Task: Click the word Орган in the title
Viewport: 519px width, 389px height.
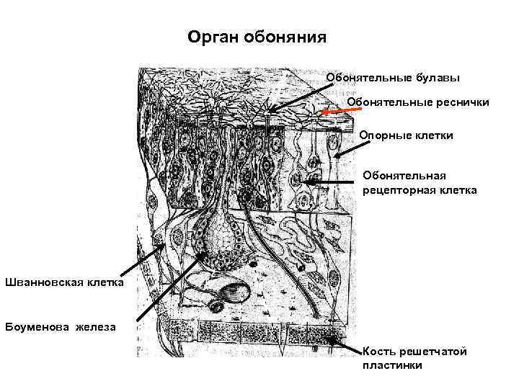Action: point(210,36)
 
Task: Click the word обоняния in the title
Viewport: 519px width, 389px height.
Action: point(283,36)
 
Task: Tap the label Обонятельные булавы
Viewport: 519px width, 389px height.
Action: point(393,77)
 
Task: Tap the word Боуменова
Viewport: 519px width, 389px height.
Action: point(35,328)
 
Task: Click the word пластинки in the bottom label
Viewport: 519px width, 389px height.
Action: point(392,365)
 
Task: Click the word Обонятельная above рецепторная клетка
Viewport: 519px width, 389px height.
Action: point(404,176)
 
